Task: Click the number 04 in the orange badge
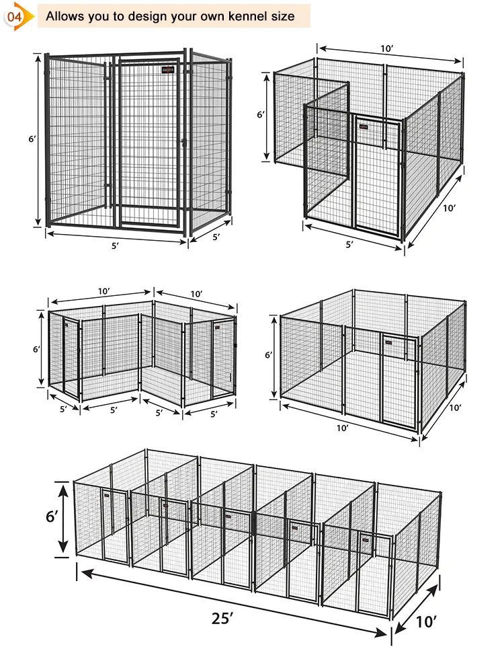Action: click(13, 15)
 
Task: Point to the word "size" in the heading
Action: click(282, 15)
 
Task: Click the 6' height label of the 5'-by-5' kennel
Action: click(31, 140)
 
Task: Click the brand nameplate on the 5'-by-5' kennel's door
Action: click(167, 69)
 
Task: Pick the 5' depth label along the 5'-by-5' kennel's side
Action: click(217, 237)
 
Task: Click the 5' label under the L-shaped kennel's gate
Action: click(349, 245)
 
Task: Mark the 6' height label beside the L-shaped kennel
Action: click(261, 115)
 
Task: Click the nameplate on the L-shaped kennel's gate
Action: click(368, 124)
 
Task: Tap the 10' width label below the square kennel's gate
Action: click(342, 428)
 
